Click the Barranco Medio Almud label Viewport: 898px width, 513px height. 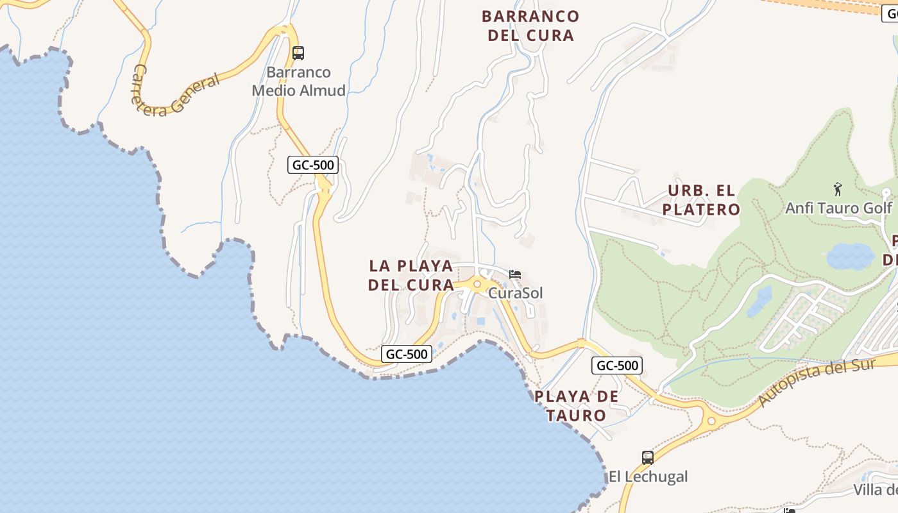tap(298, 81)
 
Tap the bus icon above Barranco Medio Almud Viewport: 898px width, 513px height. tap(298, 53)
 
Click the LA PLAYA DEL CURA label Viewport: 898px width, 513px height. tap(411, 275)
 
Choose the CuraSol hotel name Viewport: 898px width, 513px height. tap(515, 293)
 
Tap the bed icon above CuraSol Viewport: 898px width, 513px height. tap(515, 274)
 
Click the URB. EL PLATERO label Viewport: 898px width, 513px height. tap(701, 200)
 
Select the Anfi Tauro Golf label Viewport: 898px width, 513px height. tap(838, 208)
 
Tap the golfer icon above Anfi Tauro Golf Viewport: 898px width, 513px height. tap(838, 189)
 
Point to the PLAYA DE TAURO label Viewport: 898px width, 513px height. tap(577, 406)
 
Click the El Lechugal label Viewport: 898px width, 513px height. tap(648, 476)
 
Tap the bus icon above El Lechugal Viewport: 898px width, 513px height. tap(648, 458)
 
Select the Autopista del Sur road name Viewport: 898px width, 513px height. tap(817, 382)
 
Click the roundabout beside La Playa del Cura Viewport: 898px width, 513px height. tap(477, 284)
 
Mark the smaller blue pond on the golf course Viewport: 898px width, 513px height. tap(759, 301)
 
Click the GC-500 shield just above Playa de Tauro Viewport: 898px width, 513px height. tap(616, 366)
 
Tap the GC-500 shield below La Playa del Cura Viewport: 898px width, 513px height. tap(407, 353)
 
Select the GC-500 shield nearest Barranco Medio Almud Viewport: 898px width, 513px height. tap(312, 165)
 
